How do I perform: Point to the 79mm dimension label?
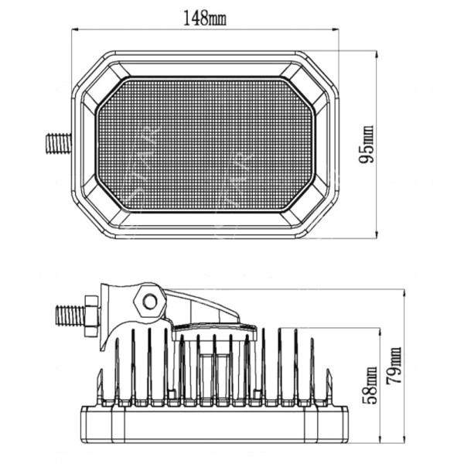pos(395,369)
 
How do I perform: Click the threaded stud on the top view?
pos(58,143)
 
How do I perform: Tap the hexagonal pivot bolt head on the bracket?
pos(148,300)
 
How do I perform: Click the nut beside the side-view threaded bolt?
pos(90,316)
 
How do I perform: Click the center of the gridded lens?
pos(206,144)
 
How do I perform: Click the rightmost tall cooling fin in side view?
pos(312,371)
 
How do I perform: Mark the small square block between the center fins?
pos(214,377)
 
